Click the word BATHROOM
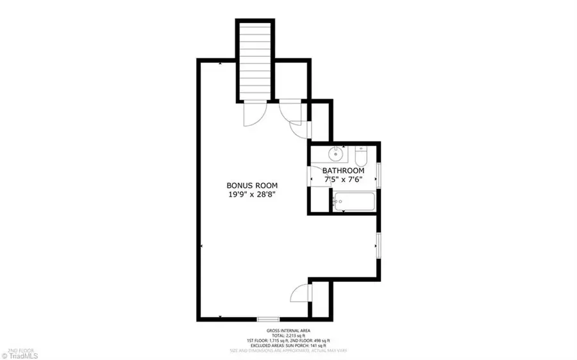tap(343, 171)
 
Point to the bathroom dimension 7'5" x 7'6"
tap(343, 181)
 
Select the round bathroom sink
tap(336, 154)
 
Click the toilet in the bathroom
tap(360, 156)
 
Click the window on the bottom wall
tap(268, 318)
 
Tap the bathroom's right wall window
tap(380, 175)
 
